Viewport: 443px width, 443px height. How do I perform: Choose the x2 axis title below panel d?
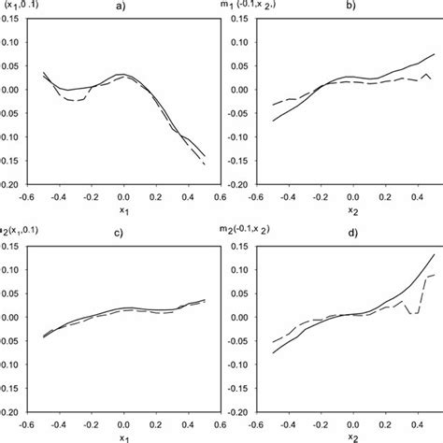click(351, 436)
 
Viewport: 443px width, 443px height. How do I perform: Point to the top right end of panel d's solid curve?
click(435, 254)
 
